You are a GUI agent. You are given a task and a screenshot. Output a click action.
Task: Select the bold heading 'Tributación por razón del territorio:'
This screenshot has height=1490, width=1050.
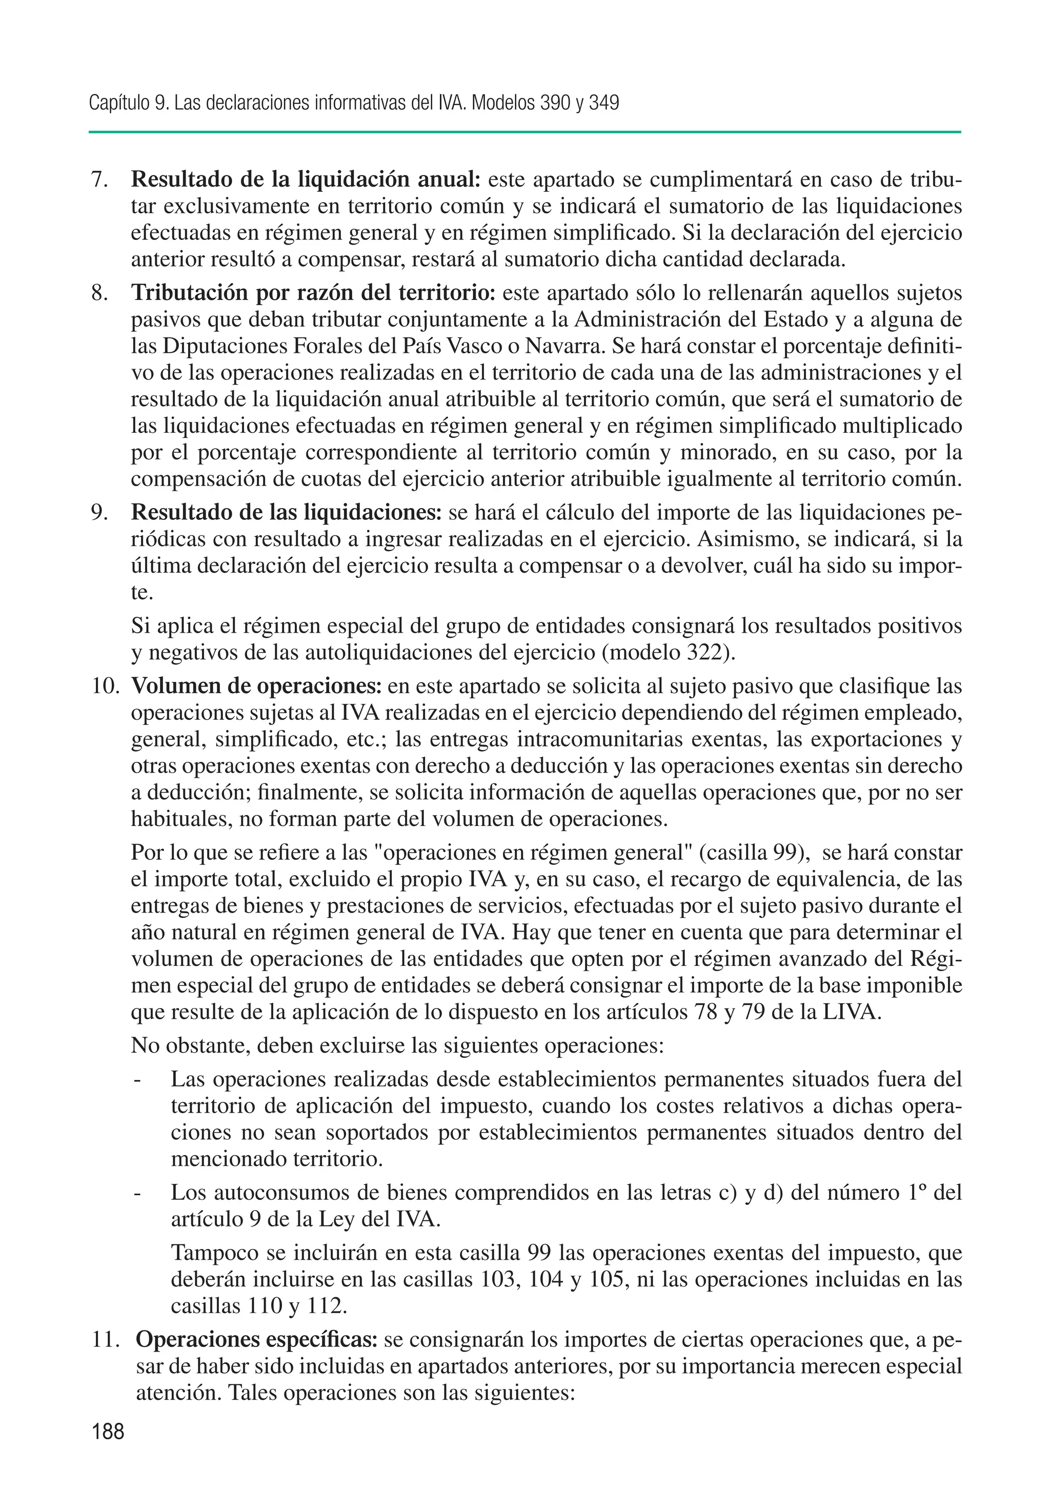313,293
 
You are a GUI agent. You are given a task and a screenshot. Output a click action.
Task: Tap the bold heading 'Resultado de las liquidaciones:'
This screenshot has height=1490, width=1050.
286,513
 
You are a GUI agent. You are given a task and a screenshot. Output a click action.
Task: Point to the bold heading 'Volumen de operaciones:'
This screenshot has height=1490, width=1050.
257,686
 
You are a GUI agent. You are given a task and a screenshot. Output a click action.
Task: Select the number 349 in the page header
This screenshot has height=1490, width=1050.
603,103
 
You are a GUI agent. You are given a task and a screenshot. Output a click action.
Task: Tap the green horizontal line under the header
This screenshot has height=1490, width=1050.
524,132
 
